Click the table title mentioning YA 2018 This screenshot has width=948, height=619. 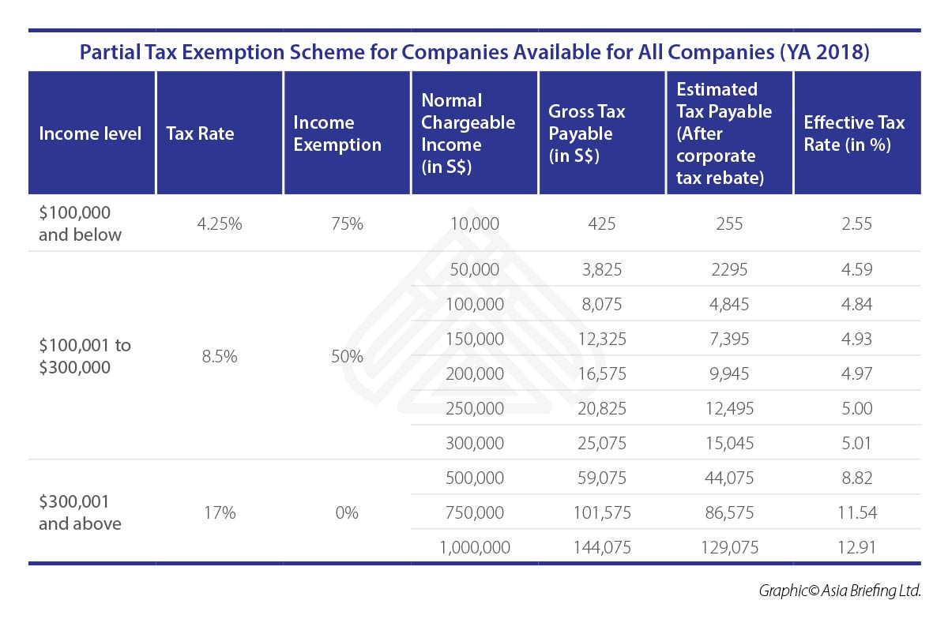[x=474, y=52]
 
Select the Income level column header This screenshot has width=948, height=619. [x=90, y=133]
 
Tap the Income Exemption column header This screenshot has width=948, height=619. [x=337, y=133]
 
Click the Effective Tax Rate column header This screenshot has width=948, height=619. [x=854, y=133]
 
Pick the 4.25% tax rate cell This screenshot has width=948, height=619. [x=219, y=223]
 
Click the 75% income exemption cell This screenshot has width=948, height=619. [x=347, y=223]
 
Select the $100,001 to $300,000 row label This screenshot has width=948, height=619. [x=85, y=356]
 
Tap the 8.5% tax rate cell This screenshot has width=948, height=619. [x=219, y=356]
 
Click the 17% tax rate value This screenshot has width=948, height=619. [x=219, y=512]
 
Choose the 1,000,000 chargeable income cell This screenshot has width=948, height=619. [x=474, y=546]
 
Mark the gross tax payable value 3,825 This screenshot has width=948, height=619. [x=601, y=269]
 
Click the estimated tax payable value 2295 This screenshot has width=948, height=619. [x=729, y=269]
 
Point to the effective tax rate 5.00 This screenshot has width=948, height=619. [x=857, y=408]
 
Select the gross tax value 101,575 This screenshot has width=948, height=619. [x=601, y=512]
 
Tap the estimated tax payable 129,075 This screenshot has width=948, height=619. [x=729, y=546]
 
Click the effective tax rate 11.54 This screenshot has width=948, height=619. [x=857, y=512]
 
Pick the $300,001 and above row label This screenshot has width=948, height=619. [x=80, y=512]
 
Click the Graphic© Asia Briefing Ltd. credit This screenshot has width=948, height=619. [x=840, y=591]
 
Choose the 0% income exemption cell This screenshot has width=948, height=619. [x=347, y=512]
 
